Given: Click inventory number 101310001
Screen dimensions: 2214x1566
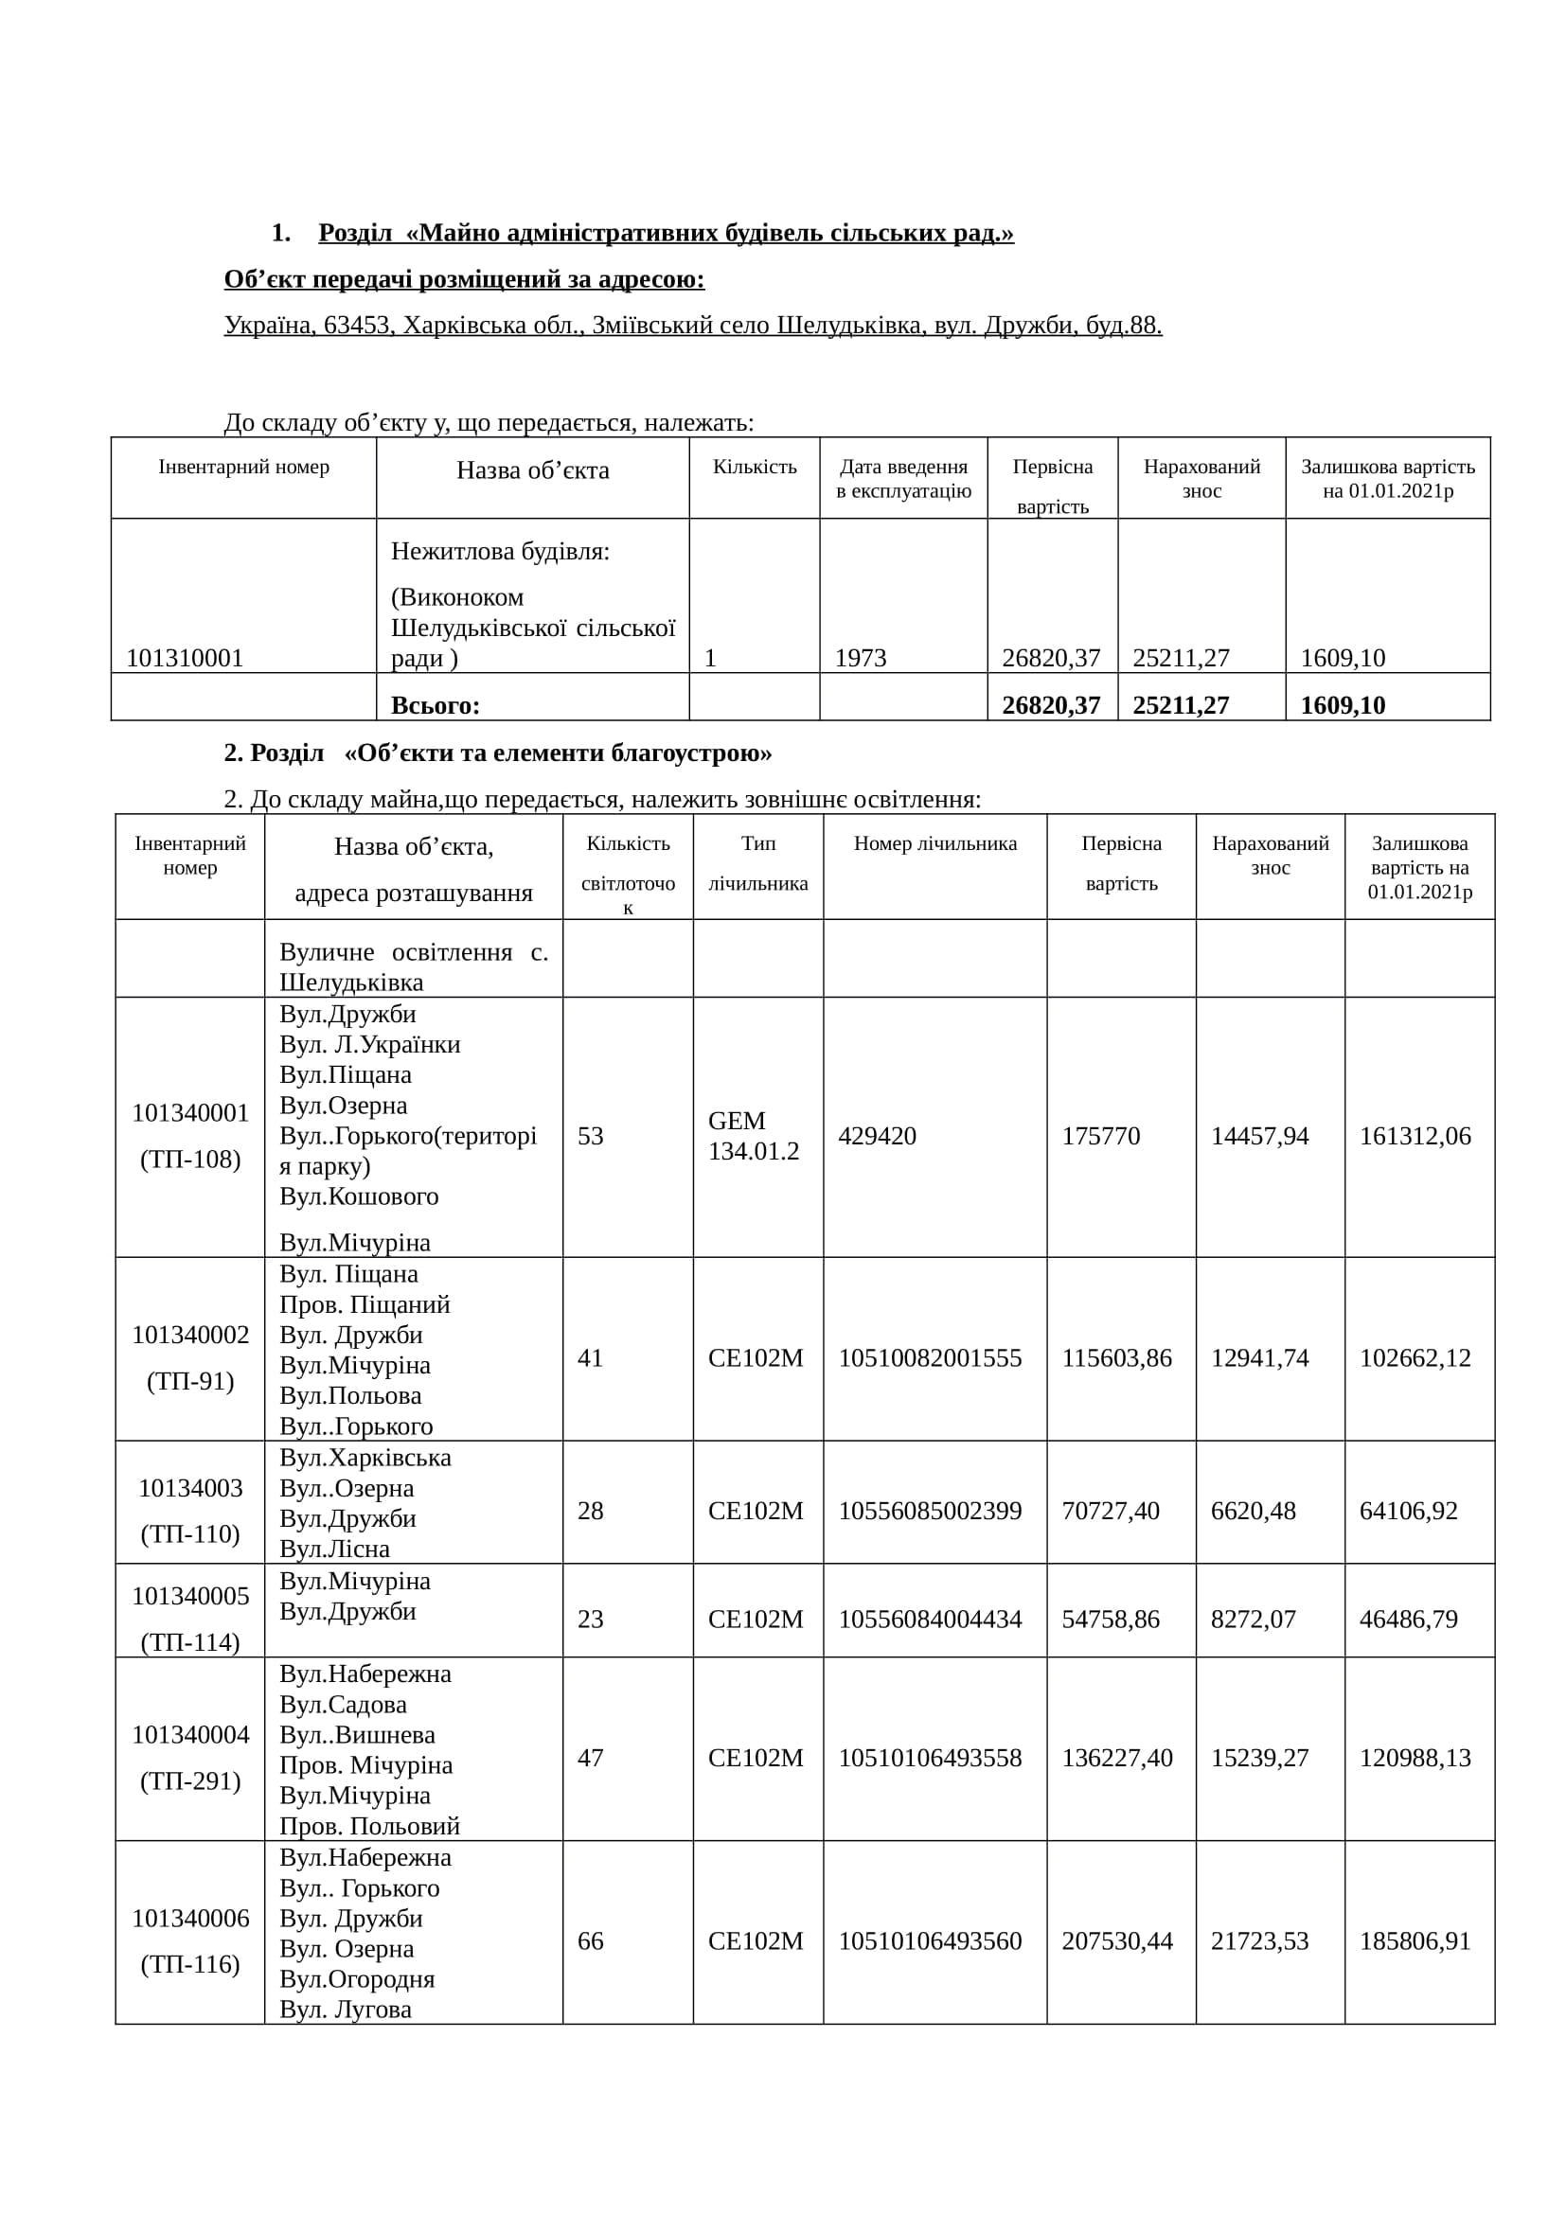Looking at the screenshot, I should [x=185, y=658].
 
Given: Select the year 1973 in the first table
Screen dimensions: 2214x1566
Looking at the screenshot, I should [x=860, y=658].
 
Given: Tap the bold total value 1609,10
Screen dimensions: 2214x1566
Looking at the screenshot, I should [x=1343, y=705].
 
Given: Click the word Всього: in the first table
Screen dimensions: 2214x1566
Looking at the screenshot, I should [x=435, y=705].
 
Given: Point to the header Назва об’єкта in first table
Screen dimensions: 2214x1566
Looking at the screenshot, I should [x=532, y=469].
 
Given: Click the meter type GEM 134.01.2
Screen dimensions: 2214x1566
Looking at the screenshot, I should [x=753, y=1135].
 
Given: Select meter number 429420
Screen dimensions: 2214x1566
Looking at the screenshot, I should [x=877, y=1135].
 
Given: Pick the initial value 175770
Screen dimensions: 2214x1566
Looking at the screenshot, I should [x=1100, y=1135].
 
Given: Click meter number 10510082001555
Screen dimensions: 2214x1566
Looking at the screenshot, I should [x=930, y=1357].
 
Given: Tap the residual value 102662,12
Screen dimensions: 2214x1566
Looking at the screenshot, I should [x=1415, y=1357].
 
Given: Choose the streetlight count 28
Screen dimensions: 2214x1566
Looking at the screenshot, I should [x=590, y=1510].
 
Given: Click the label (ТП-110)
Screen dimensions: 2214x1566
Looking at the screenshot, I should [x=190, y=1533].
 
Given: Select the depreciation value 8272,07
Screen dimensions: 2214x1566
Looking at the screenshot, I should [x=1253, y=1618].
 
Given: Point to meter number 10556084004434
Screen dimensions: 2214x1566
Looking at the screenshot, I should [x=930, y=1618].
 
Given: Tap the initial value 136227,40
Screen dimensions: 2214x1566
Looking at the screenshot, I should [x=1116, y=1757].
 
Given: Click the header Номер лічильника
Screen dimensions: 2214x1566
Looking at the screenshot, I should [x=934, y=843].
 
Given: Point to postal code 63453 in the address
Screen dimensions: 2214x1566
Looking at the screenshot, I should [x=357, y=325].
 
